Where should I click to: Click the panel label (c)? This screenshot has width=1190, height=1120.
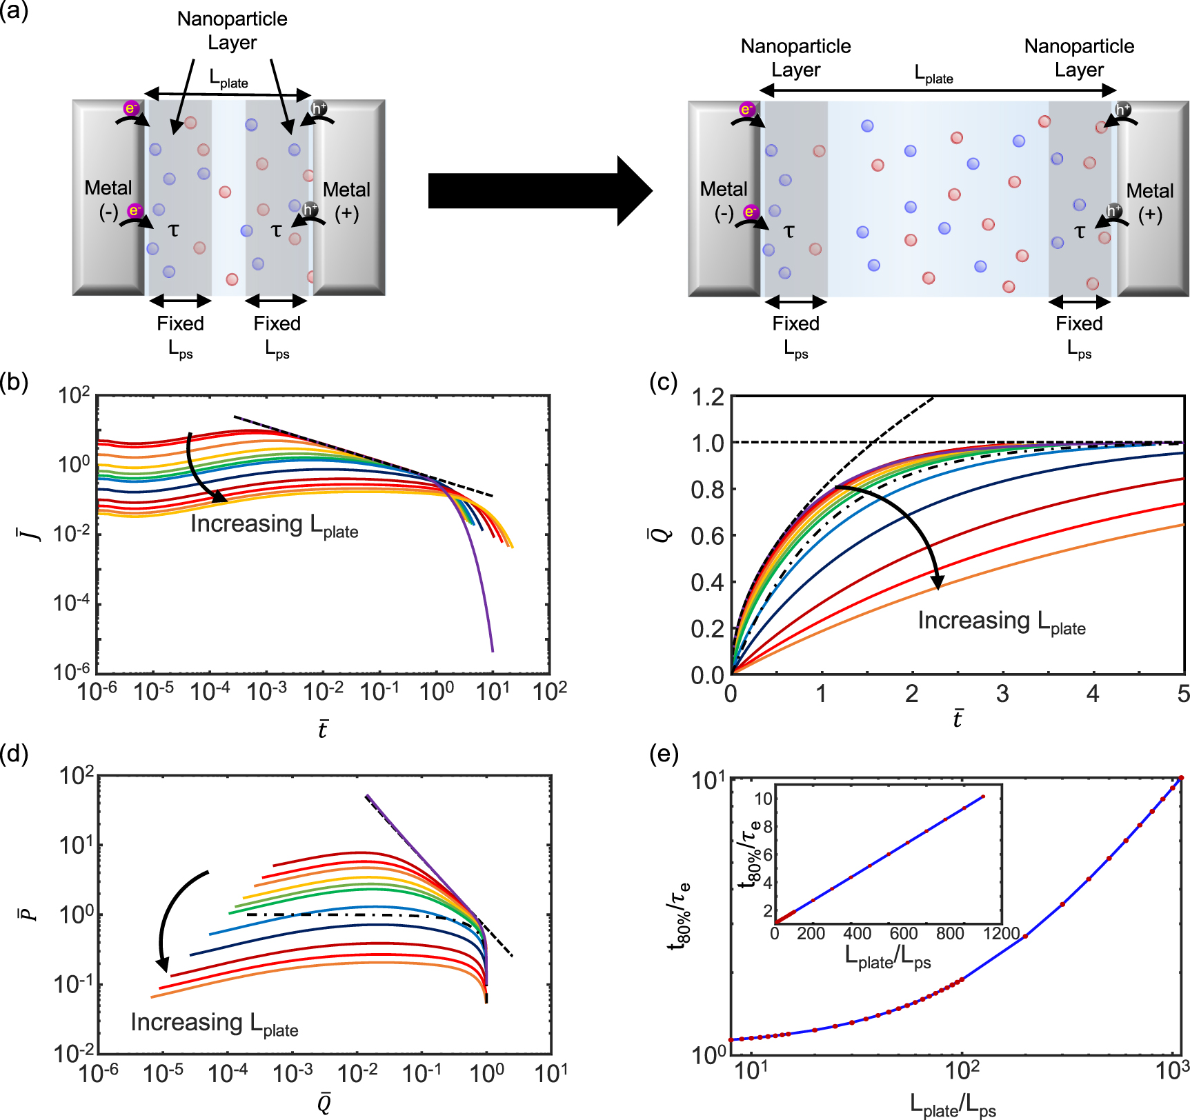pyautogui.click(x=664, y=381)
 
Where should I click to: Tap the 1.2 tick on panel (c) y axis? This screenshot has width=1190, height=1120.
pyautogui.click(x=708, y=397)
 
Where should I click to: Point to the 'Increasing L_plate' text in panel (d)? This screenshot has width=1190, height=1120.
pyautogui.click(x=215, y=1023)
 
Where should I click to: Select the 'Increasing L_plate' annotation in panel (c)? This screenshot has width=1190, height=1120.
pyautogui.click(x=1001, y=621)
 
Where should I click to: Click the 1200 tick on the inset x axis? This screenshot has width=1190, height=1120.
pyautogui.click(x=1001, y=934)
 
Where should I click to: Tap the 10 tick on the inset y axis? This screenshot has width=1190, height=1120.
pyautogui.click(x=763, y=799)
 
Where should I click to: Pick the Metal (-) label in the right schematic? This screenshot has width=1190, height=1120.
pyautogui.click(x=723, y=201)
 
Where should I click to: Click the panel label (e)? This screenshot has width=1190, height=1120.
pyautogui.click(x=664, y=754)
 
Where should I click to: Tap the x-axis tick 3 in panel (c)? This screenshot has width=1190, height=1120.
pyautogui.click(x=1002, y=694)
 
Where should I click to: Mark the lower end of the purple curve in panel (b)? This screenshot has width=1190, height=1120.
pyautogui.click(x=492, y=650)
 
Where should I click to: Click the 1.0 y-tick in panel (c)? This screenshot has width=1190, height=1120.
pyautogui.click(x=708, y=443)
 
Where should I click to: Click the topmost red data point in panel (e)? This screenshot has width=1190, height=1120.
pyautogui.click(x=1181, y=778)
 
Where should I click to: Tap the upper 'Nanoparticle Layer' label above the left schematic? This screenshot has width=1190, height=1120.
pyautogui.click(x=232, y=30)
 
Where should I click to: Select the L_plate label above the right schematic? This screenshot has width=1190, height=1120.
pyautogui.click(x=933, y=74)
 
